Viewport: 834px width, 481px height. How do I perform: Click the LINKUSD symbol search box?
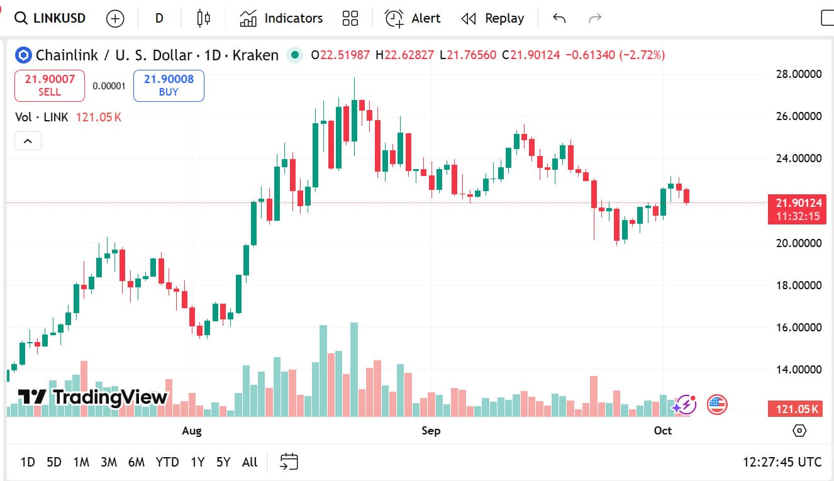pos(50,18)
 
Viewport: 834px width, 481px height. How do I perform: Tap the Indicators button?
pos(281,18)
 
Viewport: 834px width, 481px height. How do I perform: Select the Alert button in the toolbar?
pos(413,18)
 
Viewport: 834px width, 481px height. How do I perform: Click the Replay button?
pos(492,18)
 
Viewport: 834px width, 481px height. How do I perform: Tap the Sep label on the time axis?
pos(431,431)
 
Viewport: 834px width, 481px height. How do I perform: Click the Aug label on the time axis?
pos(192,431)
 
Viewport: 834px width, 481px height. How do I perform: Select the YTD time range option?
pos(167,462)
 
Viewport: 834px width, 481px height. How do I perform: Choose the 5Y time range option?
pos(223,462)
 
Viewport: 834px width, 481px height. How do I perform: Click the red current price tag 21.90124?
pos(797,203)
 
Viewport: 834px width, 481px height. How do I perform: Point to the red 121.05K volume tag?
pos(796,410)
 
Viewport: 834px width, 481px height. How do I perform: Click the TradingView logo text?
pos(110,397)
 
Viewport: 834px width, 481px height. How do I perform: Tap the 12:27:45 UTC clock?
pos(782,462)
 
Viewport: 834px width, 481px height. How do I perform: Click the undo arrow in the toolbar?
pos(559,18)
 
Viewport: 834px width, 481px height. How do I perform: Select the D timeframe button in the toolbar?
pos(159,18)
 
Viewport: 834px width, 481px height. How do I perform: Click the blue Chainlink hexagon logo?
pos(24,55)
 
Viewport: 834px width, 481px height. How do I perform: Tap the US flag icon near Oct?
pos(717,404)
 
